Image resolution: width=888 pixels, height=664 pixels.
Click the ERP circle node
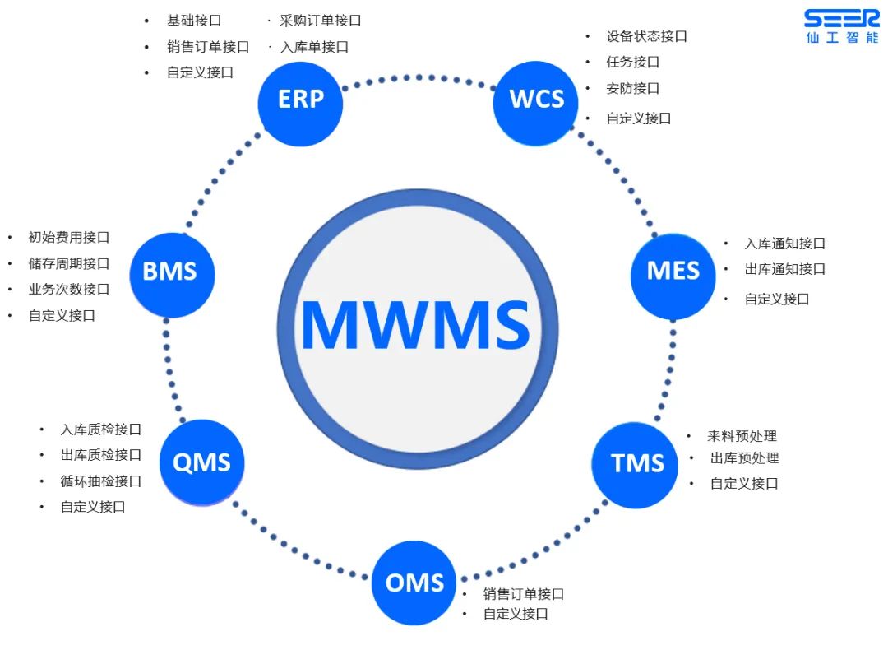point(300,100)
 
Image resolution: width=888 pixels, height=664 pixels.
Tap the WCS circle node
point(536,100)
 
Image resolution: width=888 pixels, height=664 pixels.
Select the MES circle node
point(673,272)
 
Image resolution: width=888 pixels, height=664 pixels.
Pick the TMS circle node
point(637,463)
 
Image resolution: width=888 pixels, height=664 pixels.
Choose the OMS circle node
point(414,583)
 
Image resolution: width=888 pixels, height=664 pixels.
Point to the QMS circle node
point(201,462)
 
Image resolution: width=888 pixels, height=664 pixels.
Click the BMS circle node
point(170,272)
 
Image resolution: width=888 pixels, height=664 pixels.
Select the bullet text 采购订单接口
point(320,21)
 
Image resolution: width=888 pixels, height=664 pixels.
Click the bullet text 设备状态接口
point(646,36)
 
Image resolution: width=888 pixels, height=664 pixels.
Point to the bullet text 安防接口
point(633,88)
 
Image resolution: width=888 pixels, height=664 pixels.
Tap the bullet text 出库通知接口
point(784,269)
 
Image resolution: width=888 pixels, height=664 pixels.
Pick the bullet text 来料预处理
point(742,436)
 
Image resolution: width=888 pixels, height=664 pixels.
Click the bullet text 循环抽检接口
point(100,481)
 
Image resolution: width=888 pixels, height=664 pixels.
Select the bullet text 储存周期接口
point(68,263)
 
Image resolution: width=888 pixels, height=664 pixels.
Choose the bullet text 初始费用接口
point(68,237)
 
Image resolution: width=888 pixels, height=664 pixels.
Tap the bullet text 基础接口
point(194,21)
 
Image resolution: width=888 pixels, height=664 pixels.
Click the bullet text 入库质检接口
point(100,429)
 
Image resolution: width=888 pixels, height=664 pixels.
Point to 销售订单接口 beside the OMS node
point(523,594)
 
